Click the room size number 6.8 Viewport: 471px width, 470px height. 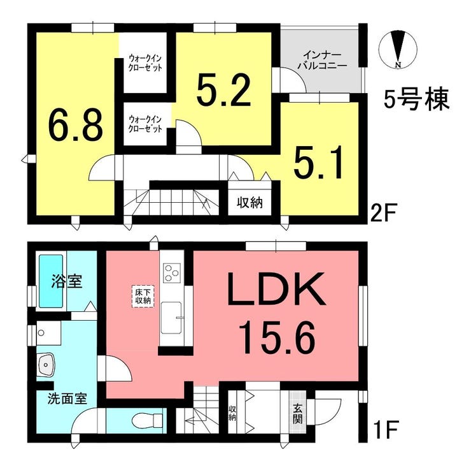[76, 126]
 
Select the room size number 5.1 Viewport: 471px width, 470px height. [318, 162]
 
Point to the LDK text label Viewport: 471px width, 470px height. [276, 288]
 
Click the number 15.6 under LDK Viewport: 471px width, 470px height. [277, 337]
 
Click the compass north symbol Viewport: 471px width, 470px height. [398, 50]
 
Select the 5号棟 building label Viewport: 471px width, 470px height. [416, 99]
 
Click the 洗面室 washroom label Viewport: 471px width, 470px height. [67, 399]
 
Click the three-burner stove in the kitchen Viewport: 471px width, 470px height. [171, 272]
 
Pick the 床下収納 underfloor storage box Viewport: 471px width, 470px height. [143, 297]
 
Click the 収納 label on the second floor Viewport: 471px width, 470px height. [250, 203]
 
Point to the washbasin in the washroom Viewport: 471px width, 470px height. [45, 364]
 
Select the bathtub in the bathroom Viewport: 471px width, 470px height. [51, 281]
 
